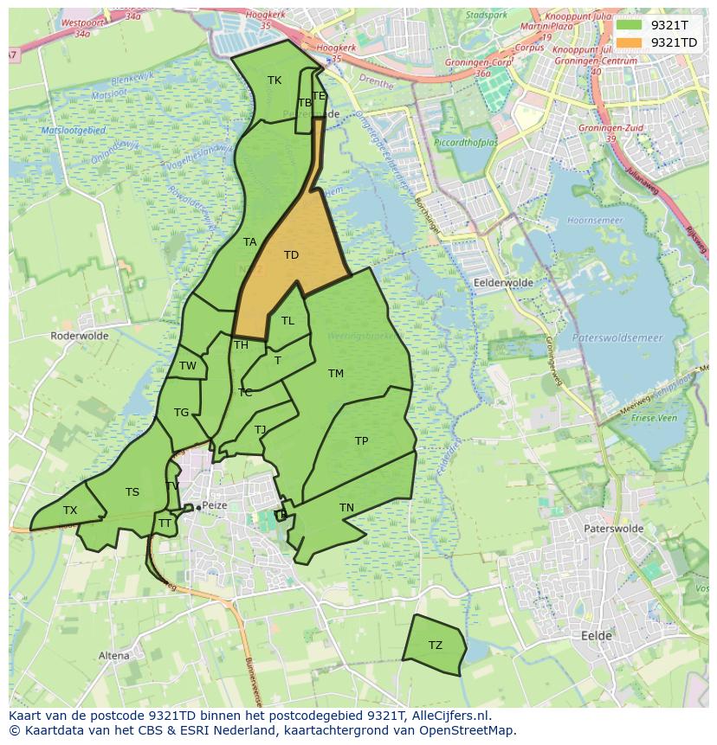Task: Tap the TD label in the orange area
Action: tap(291, 255)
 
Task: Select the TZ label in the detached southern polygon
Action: tap(435, 645)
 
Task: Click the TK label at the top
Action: tap(275, 80)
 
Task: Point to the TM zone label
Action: tap(336, 374)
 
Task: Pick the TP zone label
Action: tap(362, 441)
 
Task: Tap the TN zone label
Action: tap(346, 508)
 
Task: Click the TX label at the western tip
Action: tap(70, 511)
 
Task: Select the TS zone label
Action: tap(132, 492)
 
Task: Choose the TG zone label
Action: tap(181, 413)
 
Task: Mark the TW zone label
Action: tap(188, 366)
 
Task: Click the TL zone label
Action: tap(287, 321)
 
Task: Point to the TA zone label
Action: tap(250, 242)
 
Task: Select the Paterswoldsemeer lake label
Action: tap(617, 338)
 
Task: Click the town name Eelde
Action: tap(597, 636)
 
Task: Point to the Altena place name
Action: tap(114, 656)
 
